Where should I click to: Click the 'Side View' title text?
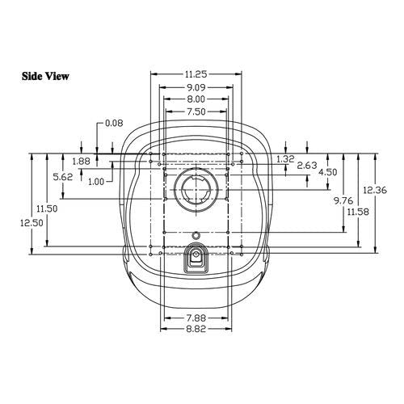(x=45, y=76)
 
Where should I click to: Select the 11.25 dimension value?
(x=196, y=74)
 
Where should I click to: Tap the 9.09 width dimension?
(x=196, y=87)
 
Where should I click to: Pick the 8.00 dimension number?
(x=196, y=99)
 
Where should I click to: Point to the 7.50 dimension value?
(x=196, y=112)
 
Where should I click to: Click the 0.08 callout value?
(x=114, y=123)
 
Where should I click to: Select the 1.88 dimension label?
(x=81, y=162)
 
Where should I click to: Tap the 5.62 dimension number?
(x=63, y=177)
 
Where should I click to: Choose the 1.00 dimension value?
(x=96, y=182)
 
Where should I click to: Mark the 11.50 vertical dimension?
(x=47, y=208)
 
